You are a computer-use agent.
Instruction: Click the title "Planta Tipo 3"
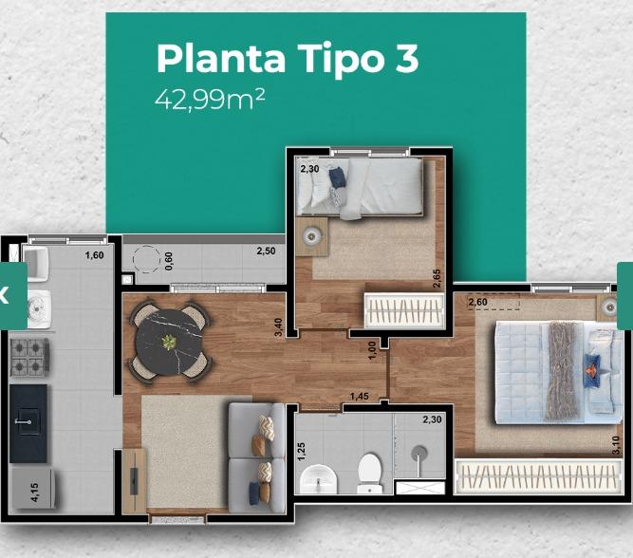(x=288, y=58)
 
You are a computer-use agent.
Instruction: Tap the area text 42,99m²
(x=210, y=100)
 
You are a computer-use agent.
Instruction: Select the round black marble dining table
(x=169, y=343)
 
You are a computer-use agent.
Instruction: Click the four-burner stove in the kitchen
(x=29, y=357)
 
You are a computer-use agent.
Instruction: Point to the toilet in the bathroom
(x=369, y=474)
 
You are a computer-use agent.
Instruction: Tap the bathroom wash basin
(x=319, y=479)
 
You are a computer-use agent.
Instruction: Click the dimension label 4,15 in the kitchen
(x=35, y=493)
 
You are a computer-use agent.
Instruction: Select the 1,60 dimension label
(x=94, y=255)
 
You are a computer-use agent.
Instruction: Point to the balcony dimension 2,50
(x=266, y=251)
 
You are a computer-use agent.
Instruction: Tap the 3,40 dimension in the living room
(x=278, y=327)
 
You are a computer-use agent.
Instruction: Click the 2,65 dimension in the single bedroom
(x=437, y=279)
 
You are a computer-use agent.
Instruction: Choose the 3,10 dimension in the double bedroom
(x=616, y=445)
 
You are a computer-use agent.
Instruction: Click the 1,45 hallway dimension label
(x=360, y=397)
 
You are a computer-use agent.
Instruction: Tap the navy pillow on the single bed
(x=338, y=177)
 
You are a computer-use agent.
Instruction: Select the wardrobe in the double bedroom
(x=538, y=476)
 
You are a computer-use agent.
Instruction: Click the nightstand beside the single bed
(x=311, y=236)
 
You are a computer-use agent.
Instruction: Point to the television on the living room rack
(x=134, y=480)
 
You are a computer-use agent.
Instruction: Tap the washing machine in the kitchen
(x=39, y=308)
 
